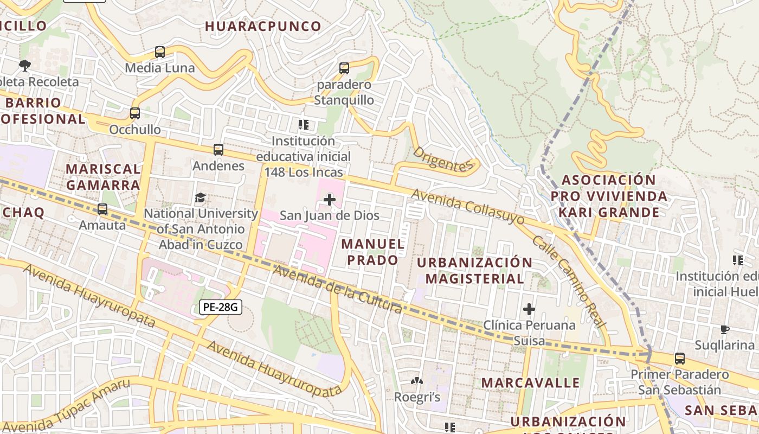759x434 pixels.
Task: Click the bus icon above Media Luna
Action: [x=159, y=52]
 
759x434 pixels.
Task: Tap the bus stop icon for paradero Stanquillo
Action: [x=344, y=68]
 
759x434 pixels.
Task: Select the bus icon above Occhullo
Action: [x=135, y=113]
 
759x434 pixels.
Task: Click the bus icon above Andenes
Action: [x=218, y=150]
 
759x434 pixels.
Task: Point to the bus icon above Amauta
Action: [x=102, y=209]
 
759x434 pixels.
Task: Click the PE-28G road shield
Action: [x=220, y=307]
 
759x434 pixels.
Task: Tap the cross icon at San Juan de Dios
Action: [x=329, y=200]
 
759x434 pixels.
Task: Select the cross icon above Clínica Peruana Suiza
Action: [x=529, y=309]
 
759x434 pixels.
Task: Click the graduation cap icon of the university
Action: [x=201, y=197]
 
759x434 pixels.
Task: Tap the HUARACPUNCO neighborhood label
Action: [x=263, y=26]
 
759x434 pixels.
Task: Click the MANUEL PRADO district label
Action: [x=373, y=252]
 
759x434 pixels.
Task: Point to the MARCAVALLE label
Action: [x=530, y=382]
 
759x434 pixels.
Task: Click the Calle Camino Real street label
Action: [x=568, y=282]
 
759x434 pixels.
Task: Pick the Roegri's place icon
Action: [x=416, y=382]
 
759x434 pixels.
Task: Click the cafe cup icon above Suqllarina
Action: [x=725, y=329]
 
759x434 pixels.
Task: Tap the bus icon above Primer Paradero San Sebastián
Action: [x=679, y=359]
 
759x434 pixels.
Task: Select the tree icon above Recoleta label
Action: [x=24, y=66]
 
